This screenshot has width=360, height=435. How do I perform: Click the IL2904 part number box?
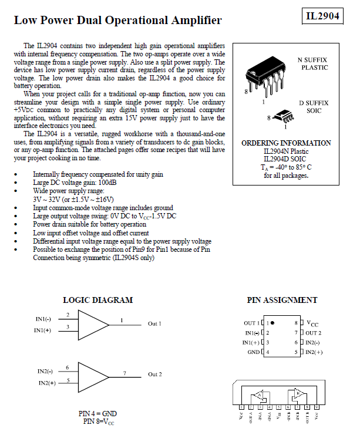point(323,16)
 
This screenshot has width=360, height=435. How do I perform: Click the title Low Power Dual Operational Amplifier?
point(117,21)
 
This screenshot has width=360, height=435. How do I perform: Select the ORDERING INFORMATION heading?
point(286,143)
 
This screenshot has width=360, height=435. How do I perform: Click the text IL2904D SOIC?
point(285,159)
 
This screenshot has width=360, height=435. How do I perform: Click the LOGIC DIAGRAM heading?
point(97,300)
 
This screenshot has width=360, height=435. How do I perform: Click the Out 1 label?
point(154,324)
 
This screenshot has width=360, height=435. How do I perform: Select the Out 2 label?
point(154,375)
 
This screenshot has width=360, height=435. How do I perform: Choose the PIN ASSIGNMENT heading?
point(282,300)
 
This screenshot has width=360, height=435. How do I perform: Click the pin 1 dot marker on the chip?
point(273,323)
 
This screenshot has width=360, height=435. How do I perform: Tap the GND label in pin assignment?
point(253,352)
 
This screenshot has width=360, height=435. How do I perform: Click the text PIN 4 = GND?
point(97,413)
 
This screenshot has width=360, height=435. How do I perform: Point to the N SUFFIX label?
point(312,60)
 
